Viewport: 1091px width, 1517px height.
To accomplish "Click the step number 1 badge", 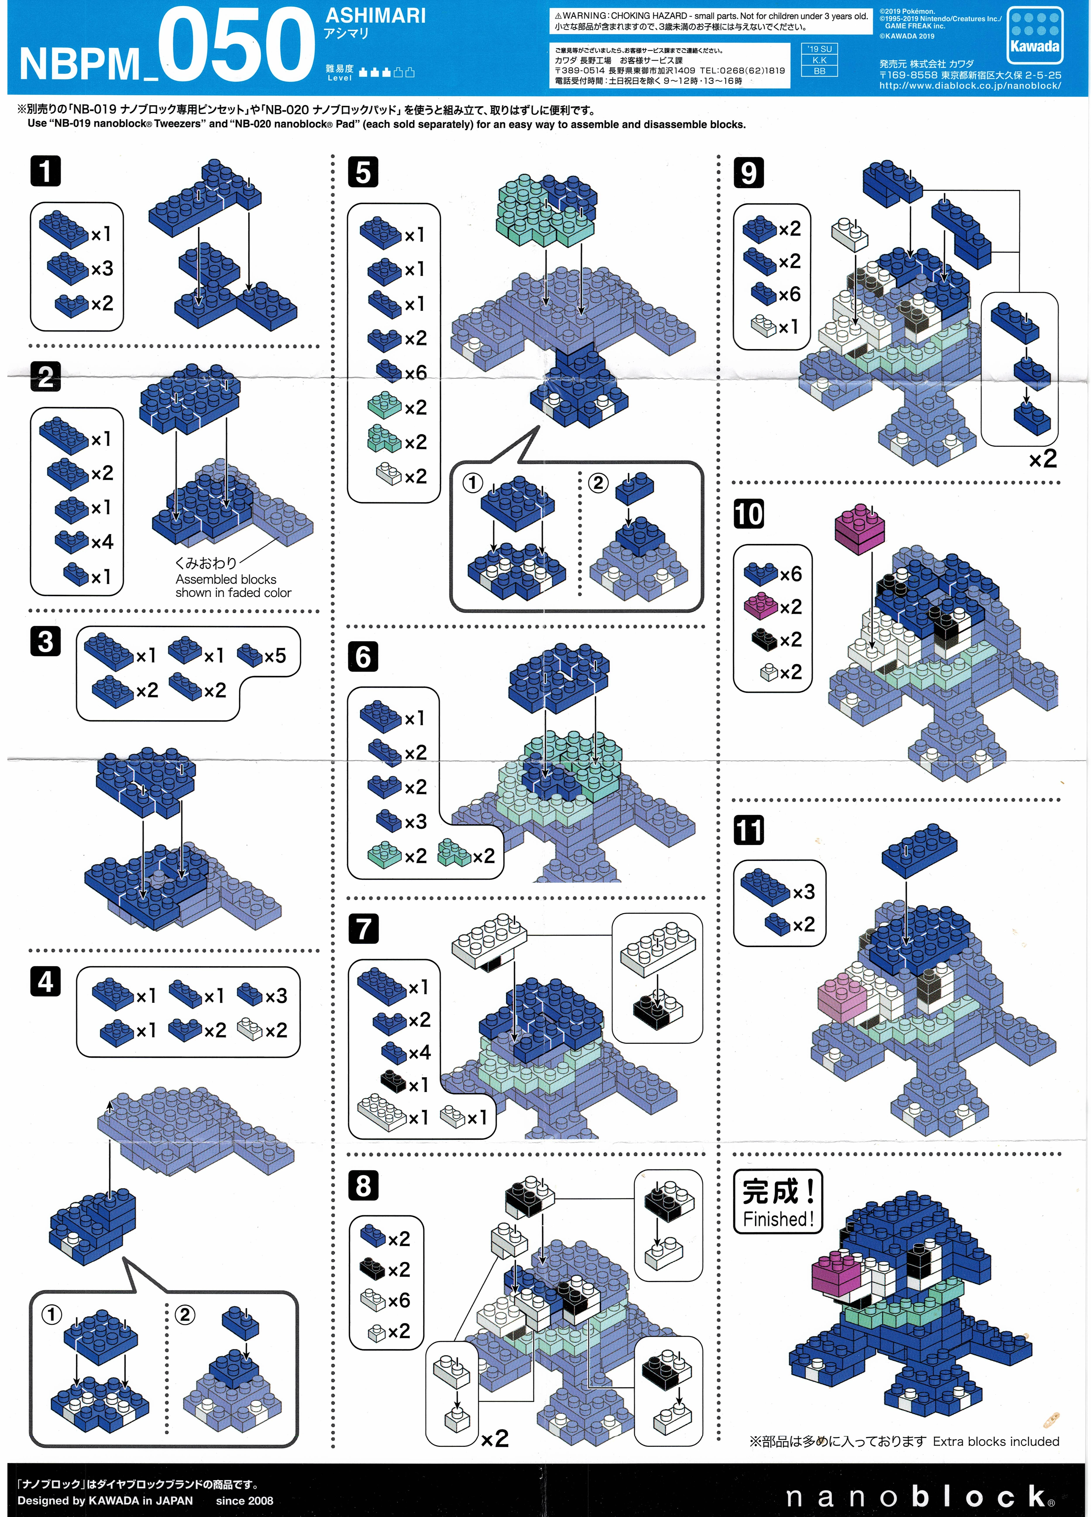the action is click(45, 171).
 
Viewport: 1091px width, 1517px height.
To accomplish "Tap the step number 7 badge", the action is click(363, 928).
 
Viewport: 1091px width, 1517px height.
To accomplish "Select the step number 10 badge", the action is click(749, 514).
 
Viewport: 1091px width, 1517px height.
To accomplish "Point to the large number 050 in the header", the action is click(235, 45).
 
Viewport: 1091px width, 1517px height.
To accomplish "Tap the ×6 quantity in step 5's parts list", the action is click(415, 372).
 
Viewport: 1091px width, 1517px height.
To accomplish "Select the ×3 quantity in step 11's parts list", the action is click(804, 892).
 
